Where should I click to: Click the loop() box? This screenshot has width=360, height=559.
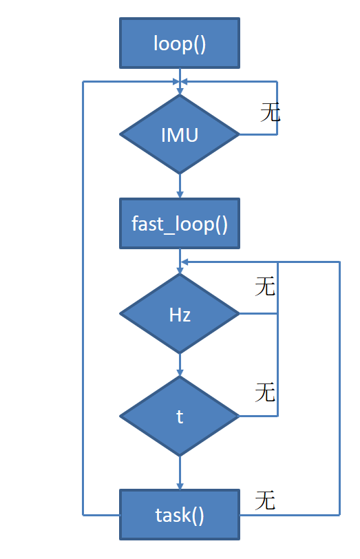click(x=180, y=43)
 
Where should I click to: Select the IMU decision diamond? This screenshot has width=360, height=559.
click(x=180, y=134)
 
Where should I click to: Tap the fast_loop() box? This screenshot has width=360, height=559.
click(x=180, y=224)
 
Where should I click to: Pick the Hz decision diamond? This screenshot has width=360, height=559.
click(x=180, y=315)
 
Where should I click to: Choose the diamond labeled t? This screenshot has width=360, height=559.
click(x=180, y=416)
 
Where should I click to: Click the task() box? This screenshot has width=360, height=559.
click(x=180, y=514)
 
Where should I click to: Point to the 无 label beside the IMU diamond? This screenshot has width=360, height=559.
click(x=270, y=113)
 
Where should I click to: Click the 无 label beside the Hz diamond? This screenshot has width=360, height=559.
click(x=265, y=286)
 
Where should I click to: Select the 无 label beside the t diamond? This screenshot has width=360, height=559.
click(x=265, y=392)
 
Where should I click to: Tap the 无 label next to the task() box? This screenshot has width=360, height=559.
click(x=265, y=500)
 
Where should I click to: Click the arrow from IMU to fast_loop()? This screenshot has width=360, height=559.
click(x=180, y=186)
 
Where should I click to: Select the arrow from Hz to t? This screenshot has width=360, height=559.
click(x=180, y=365)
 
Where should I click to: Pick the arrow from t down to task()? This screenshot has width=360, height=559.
click(x=180, y=472)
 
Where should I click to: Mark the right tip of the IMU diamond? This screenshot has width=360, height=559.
click(x=238, y=134)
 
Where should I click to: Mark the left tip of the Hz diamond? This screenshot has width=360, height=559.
click(x=121, y=315)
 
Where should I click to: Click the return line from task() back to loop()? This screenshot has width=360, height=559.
click(x=83, y=296)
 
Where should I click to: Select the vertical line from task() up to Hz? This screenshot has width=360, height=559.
click(x=340, y=386)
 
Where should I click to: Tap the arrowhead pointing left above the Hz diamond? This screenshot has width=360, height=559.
click(x=184, y=262)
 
